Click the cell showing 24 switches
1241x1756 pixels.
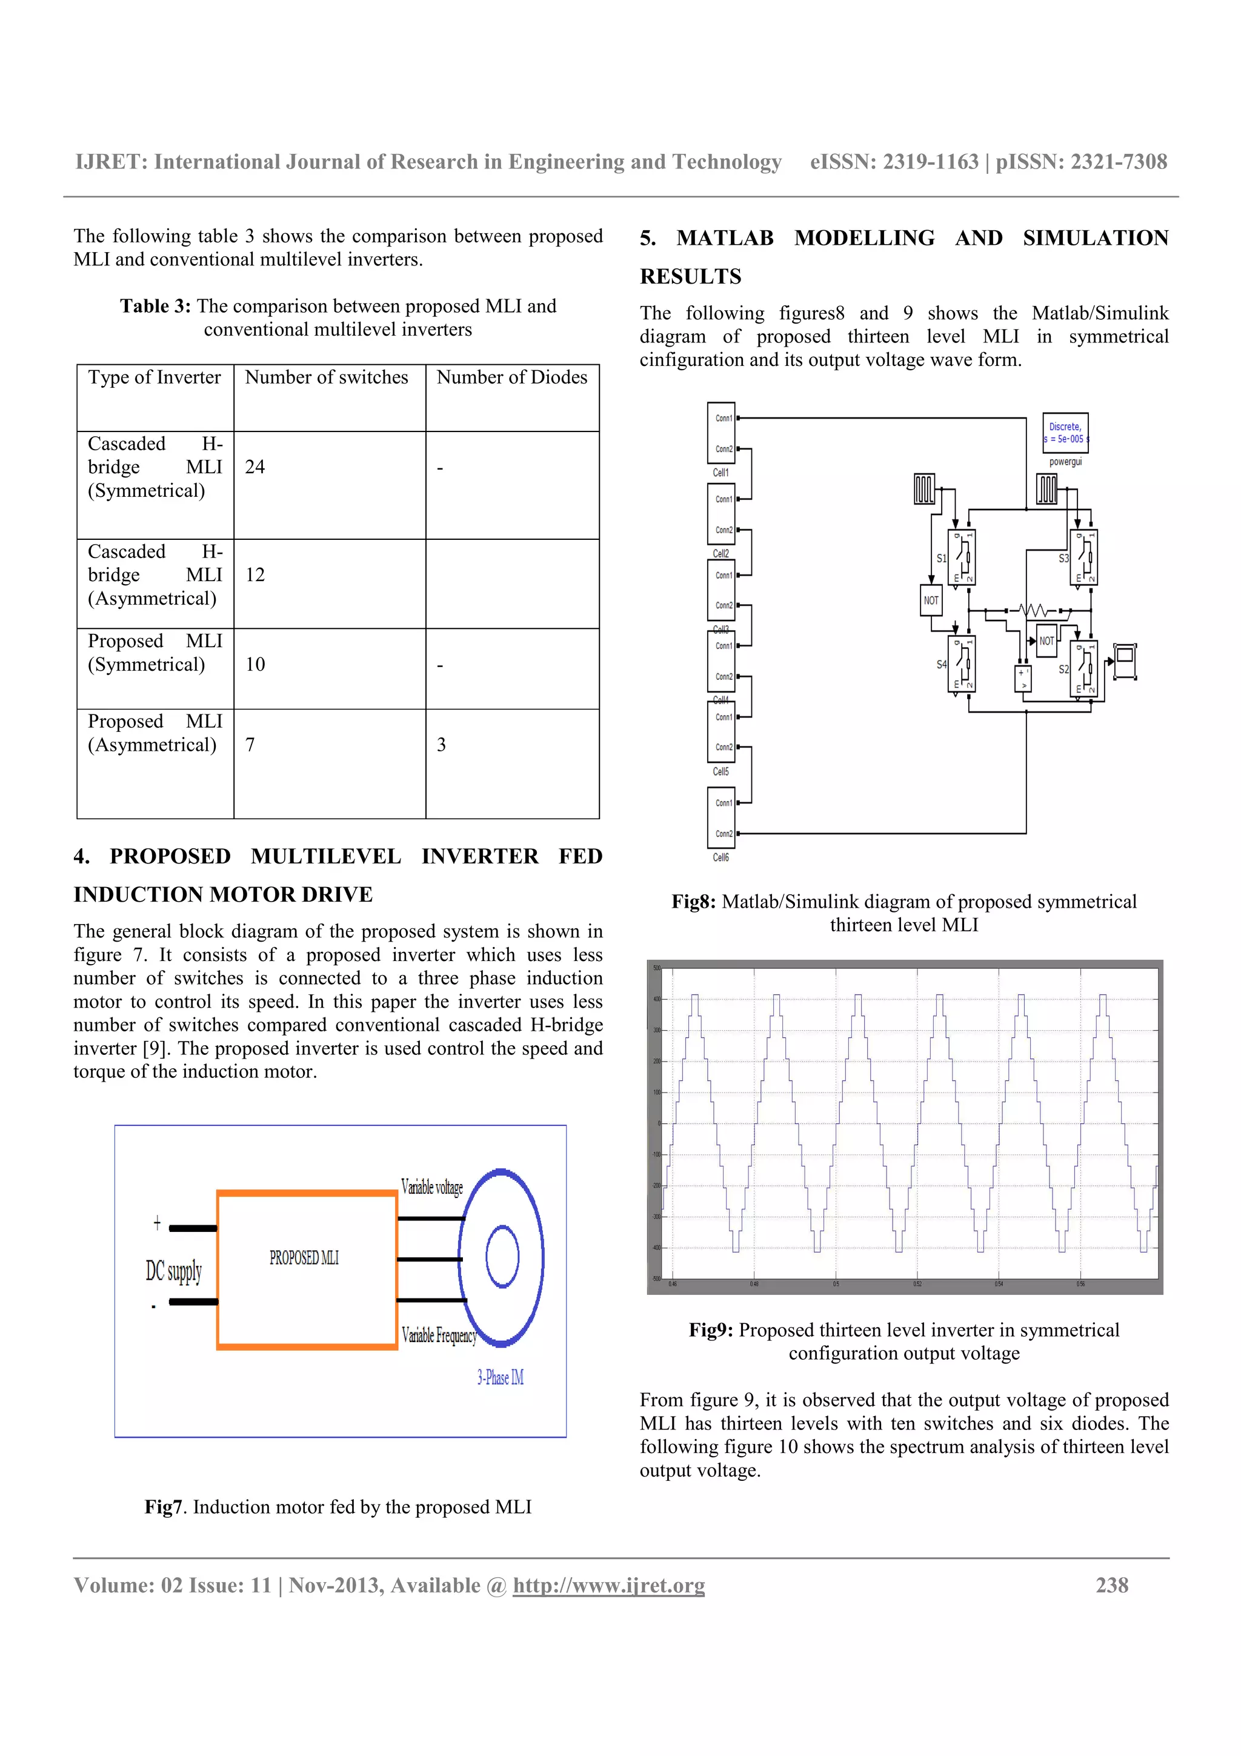(x=255, y=467)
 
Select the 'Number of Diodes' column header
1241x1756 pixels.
(x=511, y=378)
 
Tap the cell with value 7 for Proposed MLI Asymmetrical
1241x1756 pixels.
(x=250, y=745)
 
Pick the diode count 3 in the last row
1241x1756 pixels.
(x=441, y=745)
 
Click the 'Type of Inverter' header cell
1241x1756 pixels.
(x=155, y=378)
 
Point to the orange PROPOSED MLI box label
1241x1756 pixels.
(x=304, y=1258)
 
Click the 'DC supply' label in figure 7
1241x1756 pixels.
(x=173, y=1271)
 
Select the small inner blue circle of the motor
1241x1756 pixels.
(x=502, y=1257)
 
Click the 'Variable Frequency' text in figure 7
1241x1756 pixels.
(x=439, y=1335)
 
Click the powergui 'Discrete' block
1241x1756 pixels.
(x=1065, y=433)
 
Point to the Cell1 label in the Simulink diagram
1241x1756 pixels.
(x=720, y=473)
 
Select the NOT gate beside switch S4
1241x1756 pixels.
(x=931, y=600)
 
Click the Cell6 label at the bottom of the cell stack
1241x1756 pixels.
(x=720, y=857)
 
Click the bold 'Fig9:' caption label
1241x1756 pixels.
(x=710, y=1330)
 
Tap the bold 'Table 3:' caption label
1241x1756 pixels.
(x=155, y=307)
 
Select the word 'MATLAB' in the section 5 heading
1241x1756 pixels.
(x=724, y=238)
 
